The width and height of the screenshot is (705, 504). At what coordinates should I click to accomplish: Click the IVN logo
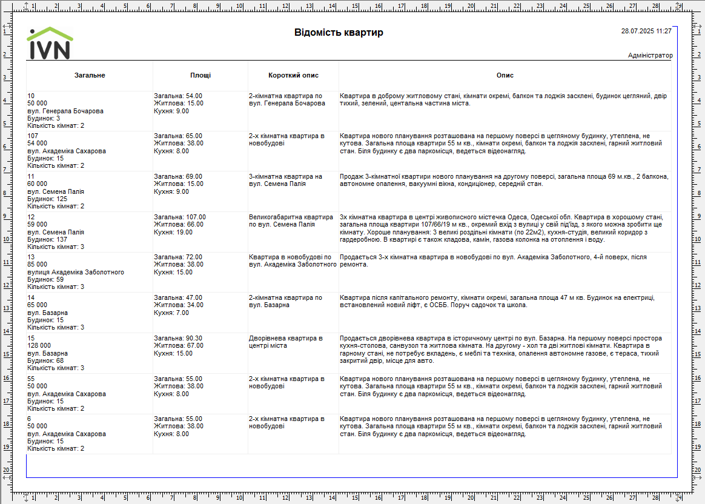pos(50,44)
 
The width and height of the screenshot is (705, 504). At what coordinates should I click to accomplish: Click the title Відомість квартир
pos(339,33)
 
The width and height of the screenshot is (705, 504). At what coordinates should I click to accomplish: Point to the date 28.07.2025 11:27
pos(646,31)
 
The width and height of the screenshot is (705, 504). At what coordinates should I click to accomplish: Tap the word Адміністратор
pos(650,56)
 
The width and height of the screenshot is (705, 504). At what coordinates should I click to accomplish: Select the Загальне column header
pos(90,76)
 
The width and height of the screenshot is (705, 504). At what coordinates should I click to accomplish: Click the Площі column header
pos(200,76)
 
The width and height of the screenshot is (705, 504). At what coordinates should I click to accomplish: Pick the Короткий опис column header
pos(293,76)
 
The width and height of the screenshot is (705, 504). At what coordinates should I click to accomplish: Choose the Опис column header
pos(505,76)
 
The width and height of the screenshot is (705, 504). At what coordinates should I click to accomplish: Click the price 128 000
pos(39,346)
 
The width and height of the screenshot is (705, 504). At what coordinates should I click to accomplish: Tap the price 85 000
pos(38,265)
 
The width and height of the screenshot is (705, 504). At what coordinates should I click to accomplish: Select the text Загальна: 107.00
pos(180,217)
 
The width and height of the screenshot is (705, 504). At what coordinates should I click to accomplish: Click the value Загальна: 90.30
pos(178,338)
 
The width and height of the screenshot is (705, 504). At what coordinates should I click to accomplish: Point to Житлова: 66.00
pos(179,224)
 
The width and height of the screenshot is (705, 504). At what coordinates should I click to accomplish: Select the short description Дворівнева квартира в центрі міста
pos(286,342)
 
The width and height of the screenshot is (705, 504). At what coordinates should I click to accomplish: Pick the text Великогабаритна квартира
pos(291,217)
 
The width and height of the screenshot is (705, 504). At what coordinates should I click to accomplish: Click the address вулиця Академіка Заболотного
pos(76,273)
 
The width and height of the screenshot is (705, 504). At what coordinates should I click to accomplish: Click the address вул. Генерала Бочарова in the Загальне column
pos(65,111)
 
